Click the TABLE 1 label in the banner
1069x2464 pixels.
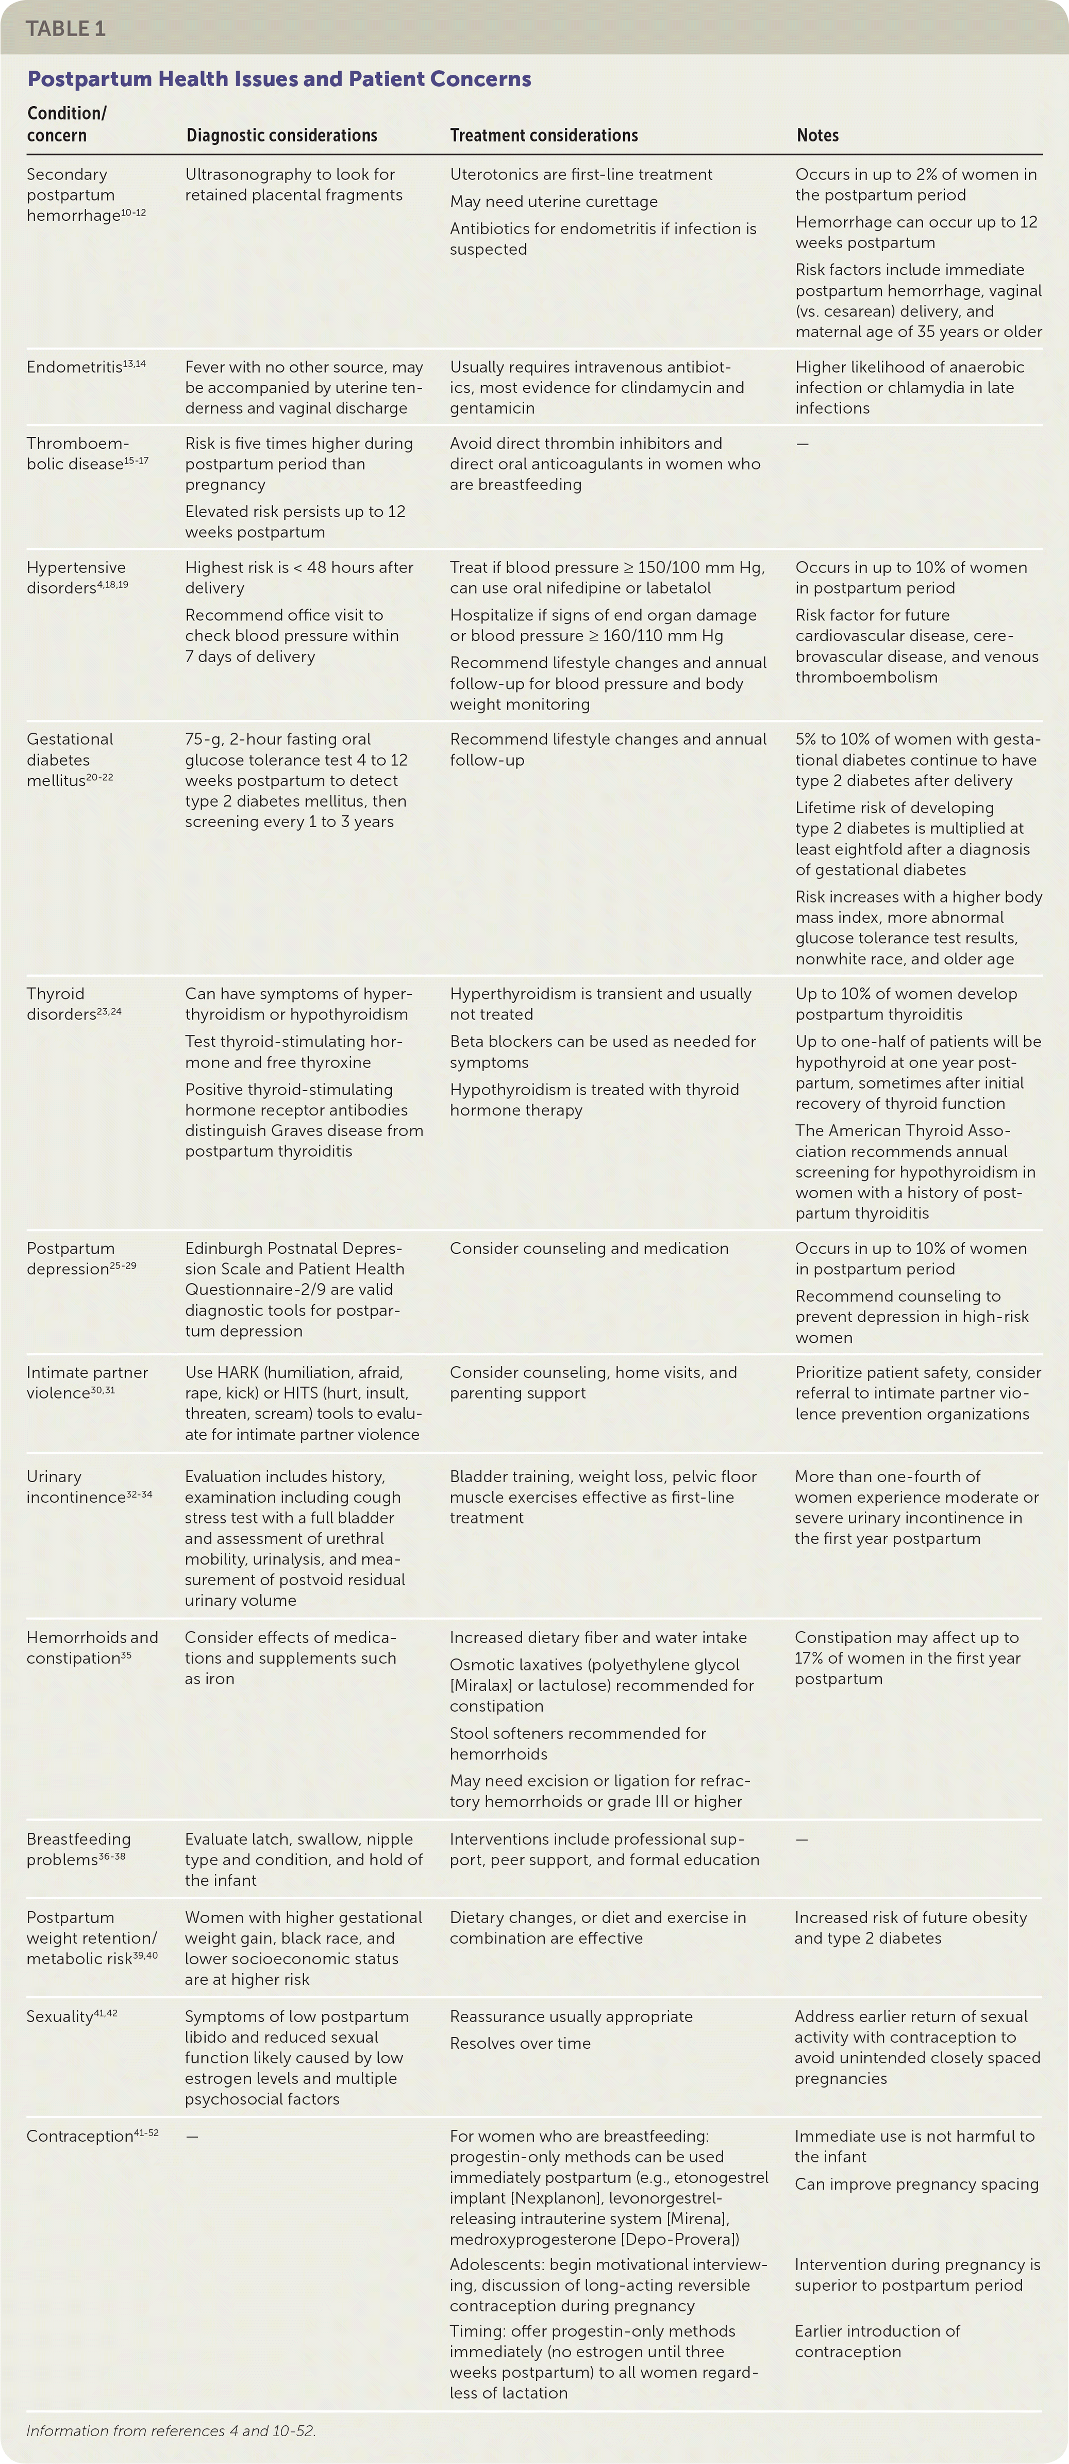tap(65, 29)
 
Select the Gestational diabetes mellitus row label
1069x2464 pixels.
tap(70, 760)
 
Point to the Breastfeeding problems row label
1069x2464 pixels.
tap(78, 1849)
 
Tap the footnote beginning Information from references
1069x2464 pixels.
tap(170, 2429)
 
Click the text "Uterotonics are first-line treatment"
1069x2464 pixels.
tap(580, 174)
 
